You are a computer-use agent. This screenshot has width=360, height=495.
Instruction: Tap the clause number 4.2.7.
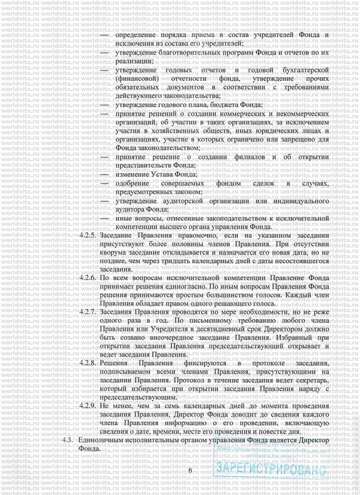[87, 312]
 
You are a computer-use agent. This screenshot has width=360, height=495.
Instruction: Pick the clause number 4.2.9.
[87, 405]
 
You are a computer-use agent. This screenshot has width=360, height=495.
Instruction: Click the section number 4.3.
[68, 440]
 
